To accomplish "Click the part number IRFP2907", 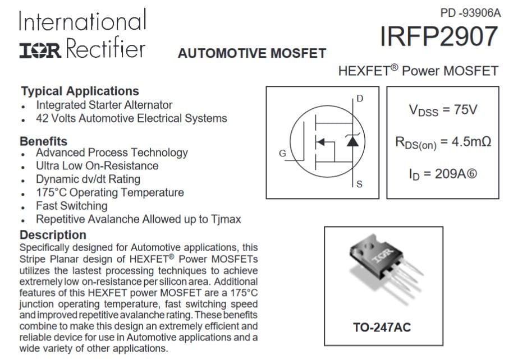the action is (439, 37).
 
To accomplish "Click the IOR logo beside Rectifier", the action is (40, 50).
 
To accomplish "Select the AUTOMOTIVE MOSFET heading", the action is (252, 53).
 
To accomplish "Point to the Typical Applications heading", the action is (80, 91).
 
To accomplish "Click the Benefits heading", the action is (43, 141).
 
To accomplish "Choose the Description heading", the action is (53, 235).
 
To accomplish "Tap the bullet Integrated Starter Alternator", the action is (104, 105).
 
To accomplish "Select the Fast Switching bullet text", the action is (71, 206).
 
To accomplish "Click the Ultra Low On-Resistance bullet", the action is (97, 166).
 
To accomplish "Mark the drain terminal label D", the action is (360, 99).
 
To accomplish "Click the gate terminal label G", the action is (282, 154).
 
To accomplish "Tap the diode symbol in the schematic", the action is (352, 141).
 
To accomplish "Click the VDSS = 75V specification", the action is (443, 110).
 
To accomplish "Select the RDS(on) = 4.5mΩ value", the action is (443, 142).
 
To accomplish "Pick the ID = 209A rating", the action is (443, 174).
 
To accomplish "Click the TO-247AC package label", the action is (382, 327).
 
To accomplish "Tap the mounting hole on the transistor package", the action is (365, 244).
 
